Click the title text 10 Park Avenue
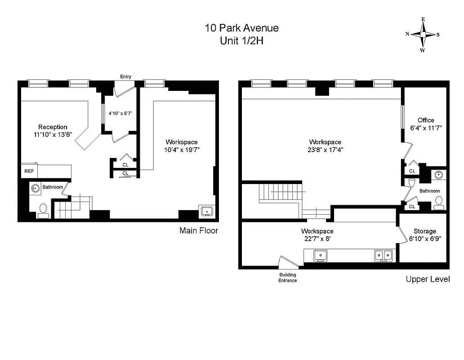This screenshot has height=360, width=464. (x=241, y=28)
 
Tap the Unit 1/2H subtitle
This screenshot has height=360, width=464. (x=241, y=40)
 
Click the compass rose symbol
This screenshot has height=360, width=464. (x=423, y=35)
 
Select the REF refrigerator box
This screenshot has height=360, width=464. (x=29, y=171)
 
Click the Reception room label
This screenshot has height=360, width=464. (x=53, y=127)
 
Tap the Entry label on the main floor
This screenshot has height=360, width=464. (x=125, y=76)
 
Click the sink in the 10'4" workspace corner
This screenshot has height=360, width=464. (x=207, y=210)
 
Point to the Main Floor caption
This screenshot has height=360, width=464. (x=199, y=230)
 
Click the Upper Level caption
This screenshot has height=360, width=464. (x=428, y=279)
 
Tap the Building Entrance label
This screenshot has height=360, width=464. (x=288, y=278)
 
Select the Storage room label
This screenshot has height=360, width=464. (x=425, y=231)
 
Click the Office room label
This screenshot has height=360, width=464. (x=426, y=120)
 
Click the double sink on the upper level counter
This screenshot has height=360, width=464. (x=384, y=255)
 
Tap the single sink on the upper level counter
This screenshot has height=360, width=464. (x=320, y=255)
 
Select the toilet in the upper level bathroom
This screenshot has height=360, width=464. (x=439, y=202)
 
